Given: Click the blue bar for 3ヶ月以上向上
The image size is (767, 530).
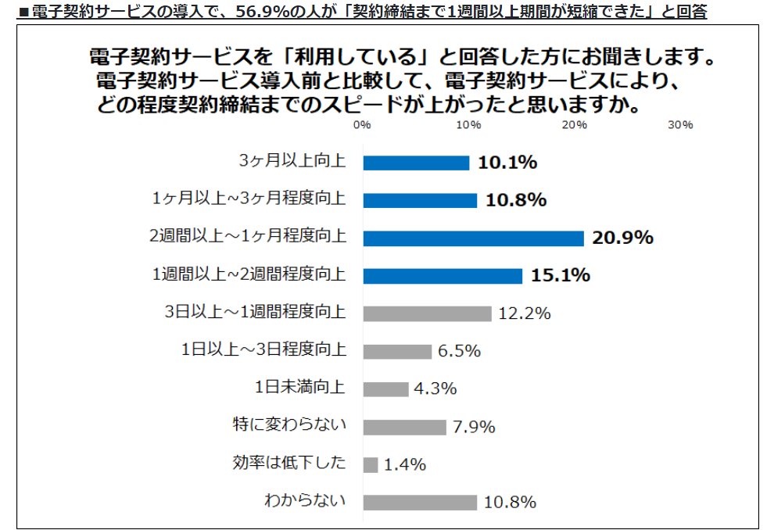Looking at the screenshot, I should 416,163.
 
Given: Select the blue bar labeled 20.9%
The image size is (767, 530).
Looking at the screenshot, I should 473,238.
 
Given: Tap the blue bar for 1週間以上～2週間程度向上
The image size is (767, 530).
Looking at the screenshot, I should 443,276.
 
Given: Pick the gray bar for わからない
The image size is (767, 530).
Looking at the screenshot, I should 420,502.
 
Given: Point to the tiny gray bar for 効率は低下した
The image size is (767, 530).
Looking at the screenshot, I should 371,464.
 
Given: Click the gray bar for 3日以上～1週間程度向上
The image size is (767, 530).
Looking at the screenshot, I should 427,313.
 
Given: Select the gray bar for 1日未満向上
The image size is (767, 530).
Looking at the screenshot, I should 385,389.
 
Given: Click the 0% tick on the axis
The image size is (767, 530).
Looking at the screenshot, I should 362,125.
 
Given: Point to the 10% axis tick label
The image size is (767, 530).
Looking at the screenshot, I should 468,125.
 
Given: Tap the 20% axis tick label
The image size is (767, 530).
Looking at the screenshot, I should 575,125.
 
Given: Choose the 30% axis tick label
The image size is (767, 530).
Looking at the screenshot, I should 681,125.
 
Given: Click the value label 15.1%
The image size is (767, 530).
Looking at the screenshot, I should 561,276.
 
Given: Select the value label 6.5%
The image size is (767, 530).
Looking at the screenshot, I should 459,352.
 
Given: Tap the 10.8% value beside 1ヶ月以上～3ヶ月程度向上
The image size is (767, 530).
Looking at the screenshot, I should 516,201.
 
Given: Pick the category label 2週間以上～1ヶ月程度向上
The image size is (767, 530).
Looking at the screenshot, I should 248,238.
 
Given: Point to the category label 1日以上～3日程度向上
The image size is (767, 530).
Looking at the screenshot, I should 263,351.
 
